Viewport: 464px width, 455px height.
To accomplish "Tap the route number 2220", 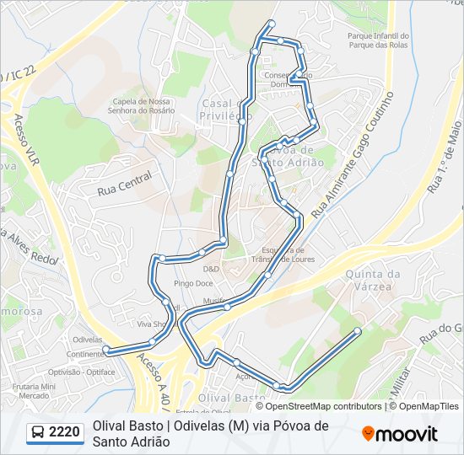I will (x=65, y=433).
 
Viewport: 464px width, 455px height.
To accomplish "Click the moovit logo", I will (x=400, y=434).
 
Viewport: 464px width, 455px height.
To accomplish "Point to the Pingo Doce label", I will (x=192, y=283).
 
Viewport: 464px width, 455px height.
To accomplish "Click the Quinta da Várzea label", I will (x=372, y=280).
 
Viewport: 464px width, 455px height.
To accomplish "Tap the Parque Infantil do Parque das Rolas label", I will (x=378, y=40).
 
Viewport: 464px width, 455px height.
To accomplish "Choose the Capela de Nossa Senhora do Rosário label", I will (x=142, y=107).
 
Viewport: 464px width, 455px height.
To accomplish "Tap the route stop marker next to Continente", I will (x=105, y=348).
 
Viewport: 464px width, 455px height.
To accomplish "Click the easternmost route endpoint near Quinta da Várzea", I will (x=358, y=330).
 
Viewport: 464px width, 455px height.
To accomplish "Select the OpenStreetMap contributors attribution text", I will (x=323, y=406).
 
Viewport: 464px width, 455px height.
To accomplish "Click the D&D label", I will (x=211, y=269).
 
